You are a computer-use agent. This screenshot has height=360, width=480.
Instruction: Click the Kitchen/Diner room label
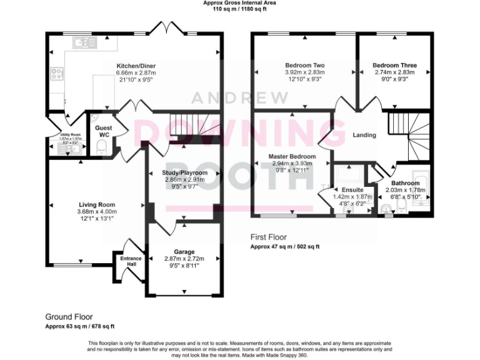pos(136,66)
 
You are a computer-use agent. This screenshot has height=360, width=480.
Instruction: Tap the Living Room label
pos(97,204)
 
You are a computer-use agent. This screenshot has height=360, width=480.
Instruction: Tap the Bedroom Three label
pos(394,65)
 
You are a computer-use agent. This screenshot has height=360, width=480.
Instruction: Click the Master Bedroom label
pos(292,156)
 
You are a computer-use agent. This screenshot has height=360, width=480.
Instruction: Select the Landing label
pos(364,135)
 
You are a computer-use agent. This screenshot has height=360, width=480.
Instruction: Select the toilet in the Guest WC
pos(102,146)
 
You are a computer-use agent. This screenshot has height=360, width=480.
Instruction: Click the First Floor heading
pos(268,237)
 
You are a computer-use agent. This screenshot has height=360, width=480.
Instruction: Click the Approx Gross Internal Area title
pos(240,3)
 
